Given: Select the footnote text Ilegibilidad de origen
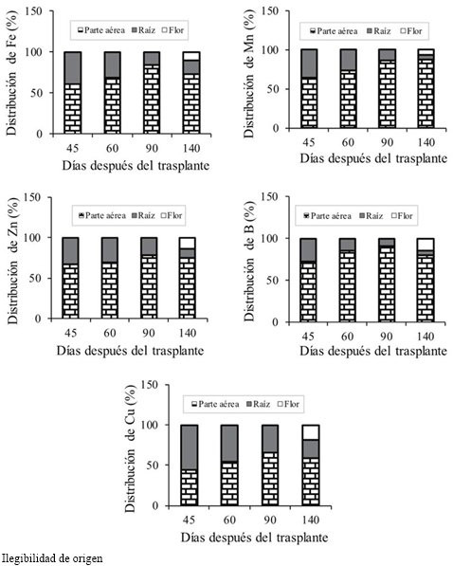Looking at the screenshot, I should point(52,558).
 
